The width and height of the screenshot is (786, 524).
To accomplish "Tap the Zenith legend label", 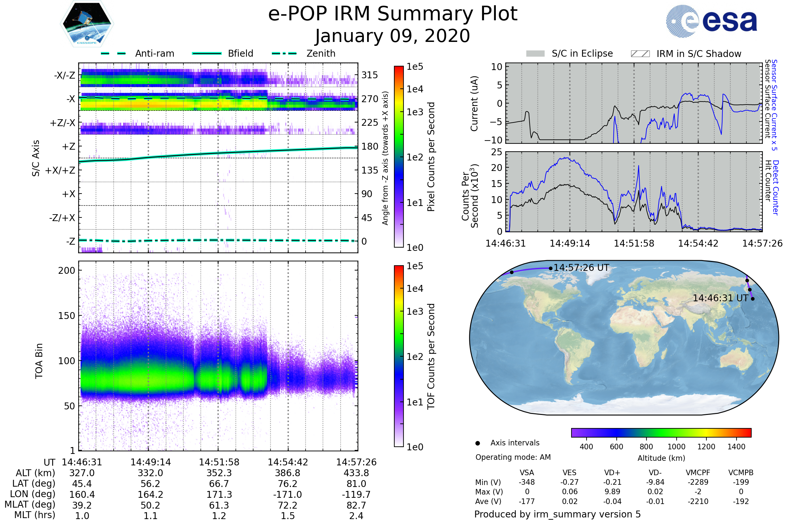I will click(x=321, y=53).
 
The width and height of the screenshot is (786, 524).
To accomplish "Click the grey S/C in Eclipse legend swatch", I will click(x=535, y=54).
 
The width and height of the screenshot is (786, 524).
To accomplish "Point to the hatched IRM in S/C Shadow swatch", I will click(x=640, y=54).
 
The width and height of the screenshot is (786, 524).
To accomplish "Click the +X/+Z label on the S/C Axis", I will click(x=60, y=170).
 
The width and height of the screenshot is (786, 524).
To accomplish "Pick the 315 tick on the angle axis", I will click(x=369, y=75).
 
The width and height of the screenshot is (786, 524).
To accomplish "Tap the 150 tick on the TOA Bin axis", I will click(x=66, y=316).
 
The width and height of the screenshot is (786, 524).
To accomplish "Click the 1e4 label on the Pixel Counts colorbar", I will click(x=415, y=89).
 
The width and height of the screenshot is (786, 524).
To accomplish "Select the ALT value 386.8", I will click(x=288, y=473).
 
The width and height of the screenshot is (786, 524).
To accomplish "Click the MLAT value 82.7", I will click(x=356, y=505).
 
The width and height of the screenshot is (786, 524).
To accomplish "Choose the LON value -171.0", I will click(x=288, y=495).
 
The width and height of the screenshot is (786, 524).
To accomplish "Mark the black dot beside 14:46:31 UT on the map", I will click(x=753, y=299).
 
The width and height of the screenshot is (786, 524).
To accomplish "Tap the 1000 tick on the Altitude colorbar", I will click(x=676, y=447).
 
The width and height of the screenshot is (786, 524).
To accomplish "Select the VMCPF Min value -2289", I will click(x=698, y=482).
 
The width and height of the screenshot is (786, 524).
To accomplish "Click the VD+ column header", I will click(x=612, y=473).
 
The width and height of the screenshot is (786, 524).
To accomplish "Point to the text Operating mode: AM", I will click(x=513, y=457).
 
